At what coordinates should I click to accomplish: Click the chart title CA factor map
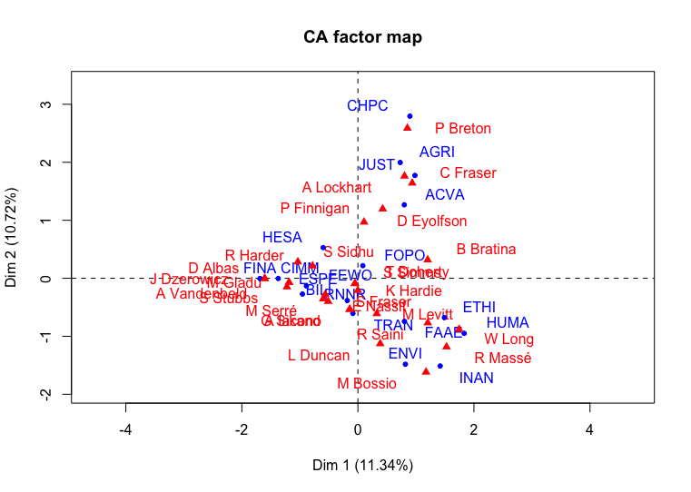pyautogui.click(x=362, y=37)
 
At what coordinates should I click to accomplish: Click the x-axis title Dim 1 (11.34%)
pyautogui.click(x=362, y=465)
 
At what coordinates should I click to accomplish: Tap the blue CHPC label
pyautogui.click(x=367, y=106)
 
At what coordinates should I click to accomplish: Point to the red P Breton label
pyautogui.click(x=462, y=129)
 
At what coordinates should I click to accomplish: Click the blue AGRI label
pyautogui.click(x=437, y=153)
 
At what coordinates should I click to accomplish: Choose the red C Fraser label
pyautogui.click(x=468, y=173)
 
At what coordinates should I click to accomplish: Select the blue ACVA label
pyautogui.click(x=445, y=194)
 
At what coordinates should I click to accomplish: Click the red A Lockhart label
pyautogui.click(x=337, y=188)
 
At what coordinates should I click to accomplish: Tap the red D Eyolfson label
pyautogui.click(x=431, y=221)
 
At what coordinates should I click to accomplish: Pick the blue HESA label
pyautogui.click(x=281, y=237)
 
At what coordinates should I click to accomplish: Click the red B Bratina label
pyautogui.click(x=486, y=250)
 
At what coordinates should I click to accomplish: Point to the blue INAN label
pyautogui.click(x=476, y=378)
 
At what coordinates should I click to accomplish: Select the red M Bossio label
pyautogui.click(x=367, y=384)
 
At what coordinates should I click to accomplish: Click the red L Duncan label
pyautogui.click(x=319, y=356)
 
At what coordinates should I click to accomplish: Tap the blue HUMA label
pyautogui.click(x=508, y=323)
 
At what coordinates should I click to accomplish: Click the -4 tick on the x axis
pyautogui.click(x=126, y=429)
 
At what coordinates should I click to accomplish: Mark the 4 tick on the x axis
pyautogui.click(x=589, y=429)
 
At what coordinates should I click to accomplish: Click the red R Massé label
pyautogui.click(x=502, y=359)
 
